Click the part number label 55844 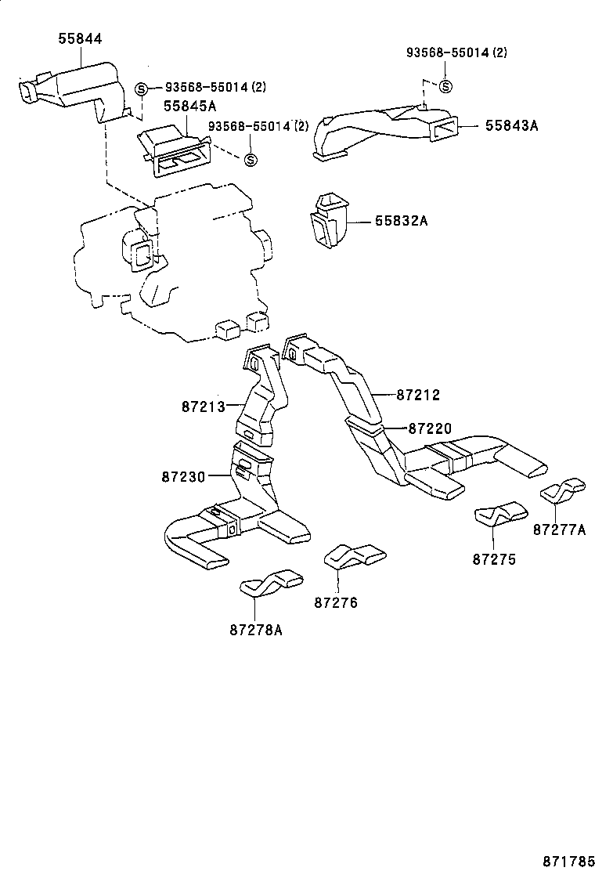[x=80, y=38]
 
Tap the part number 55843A [x=511, y=125]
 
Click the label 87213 [x=203, y=407]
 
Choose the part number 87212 [x=418, y=396]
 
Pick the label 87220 [x=430, y=428]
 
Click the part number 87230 [x=183, y=476]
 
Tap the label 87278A [x=256, y=629]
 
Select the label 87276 [x=336, y=602]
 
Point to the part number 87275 [x=494, y=560]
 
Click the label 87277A [x=559, y=529]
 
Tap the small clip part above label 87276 [x=355, y=557]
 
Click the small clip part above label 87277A [x=563, y=490]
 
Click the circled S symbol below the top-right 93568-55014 [x=445, y=86]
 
